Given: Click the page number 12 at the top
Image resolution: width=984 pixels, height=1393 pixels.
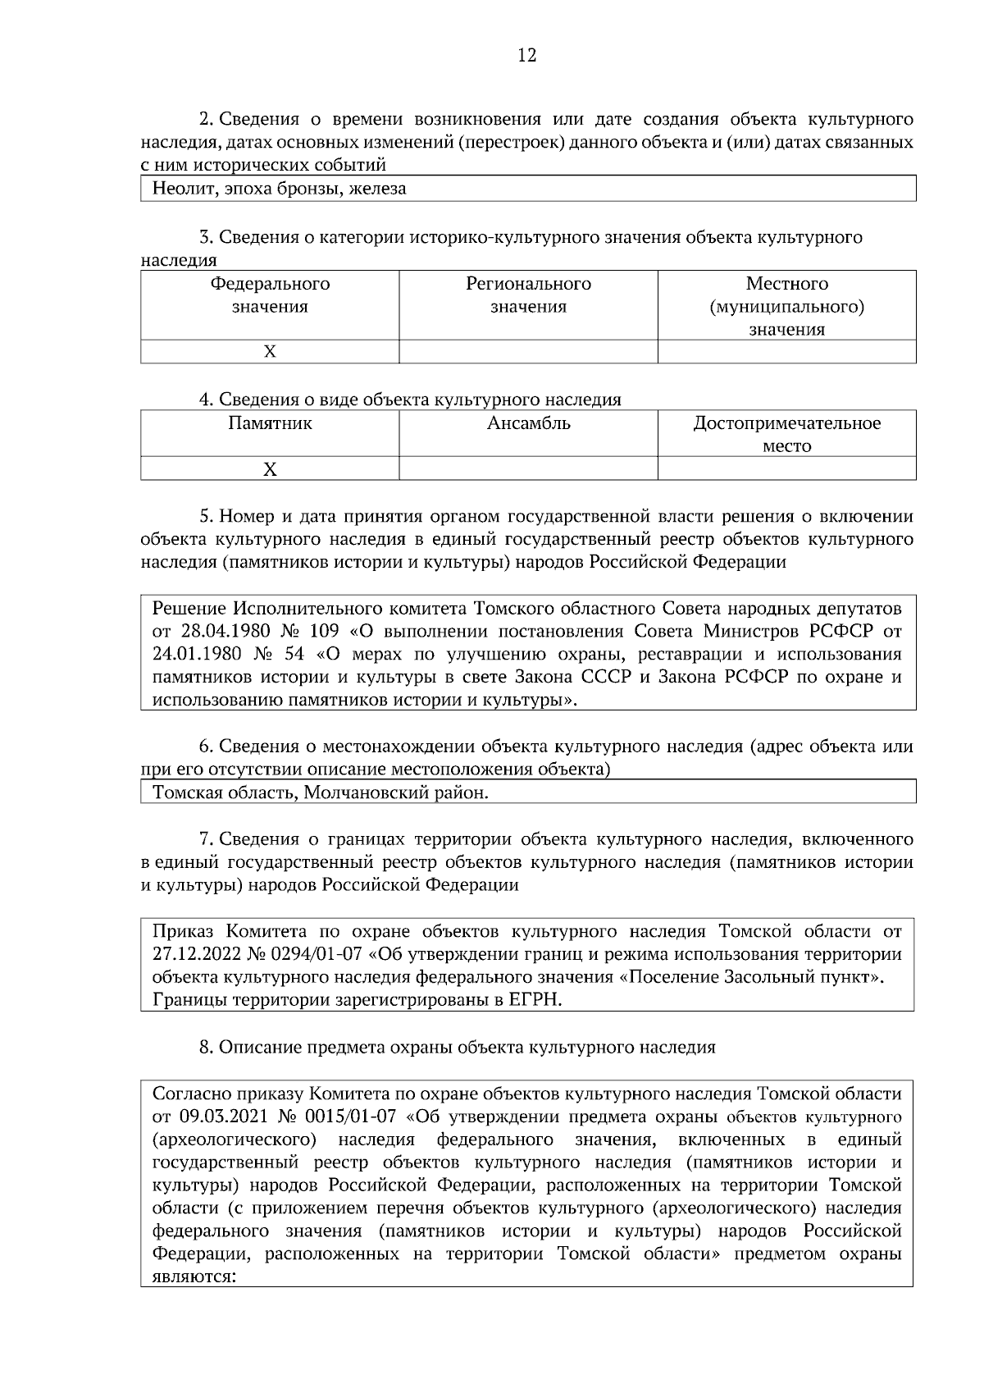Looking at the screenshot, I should point(526,56).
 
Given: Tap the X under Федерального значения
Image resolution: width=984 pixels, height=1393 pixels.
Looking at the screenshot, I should point(270,352).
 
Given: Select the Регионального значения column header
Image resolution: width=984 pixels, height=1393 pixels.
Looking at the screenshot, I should point(528,295).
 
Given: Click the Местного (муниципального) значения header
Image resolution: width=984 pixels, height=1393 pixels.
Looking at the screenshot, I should point(786,306).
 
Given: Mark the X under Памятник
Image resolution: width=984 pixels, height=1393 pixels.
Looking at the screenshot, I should point(270,469).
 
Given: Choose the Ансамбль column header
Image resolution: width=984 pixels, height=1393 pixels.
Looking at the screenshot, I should point(528,424).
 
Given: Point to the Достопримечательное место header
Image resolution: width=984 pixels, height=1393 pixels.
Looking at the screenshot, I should point(786,434).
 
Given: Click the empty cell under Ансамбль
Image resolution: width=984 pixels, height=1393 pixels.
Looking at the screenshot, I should point(528,469).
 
